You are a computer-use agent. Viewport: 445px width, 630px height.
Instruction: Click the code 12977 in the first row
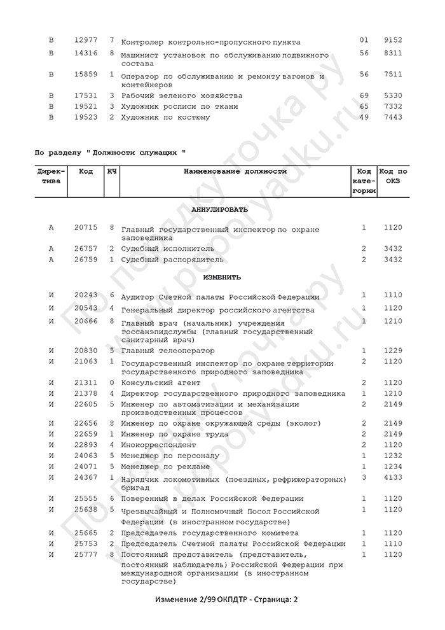coord(85,40)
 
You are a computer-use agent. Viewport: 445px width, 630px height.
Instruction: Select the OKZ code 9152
coord(393,40)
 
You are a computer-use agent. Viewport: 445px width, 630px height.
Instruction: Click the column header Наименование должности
coord(235,172)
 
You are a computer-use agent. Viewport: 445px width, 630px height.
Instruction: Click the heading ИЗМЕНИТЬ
coord(221,277)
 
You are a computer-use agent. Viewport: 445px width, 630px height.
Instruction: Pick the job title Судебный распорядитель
coord(172,260)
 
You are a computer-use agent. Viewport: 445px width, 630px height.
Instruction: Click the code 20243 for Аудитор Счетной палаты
coord(85,296)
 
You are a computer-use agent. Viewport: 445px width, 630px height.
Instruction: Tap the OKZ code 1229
coord(393,351)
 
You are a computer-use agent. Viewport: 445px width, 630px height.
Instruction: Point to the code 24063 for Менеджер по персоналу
coord(85,455)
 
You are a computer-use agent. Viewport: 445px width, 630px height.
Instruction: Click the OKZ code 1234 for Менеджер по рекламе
coord(393,465)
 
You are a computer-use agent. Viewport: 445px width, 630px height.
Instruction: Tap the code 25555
coord(85,498)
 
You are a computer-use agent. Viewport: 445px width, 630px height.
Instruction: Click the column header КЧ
coord(111,172)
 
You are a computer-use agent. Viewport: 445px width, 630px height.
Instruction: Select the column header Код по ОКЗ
coord(393,176)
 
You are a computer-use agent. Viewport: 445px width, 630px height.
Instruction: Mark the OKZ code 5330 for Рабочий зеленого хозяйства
coord(393,95)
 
